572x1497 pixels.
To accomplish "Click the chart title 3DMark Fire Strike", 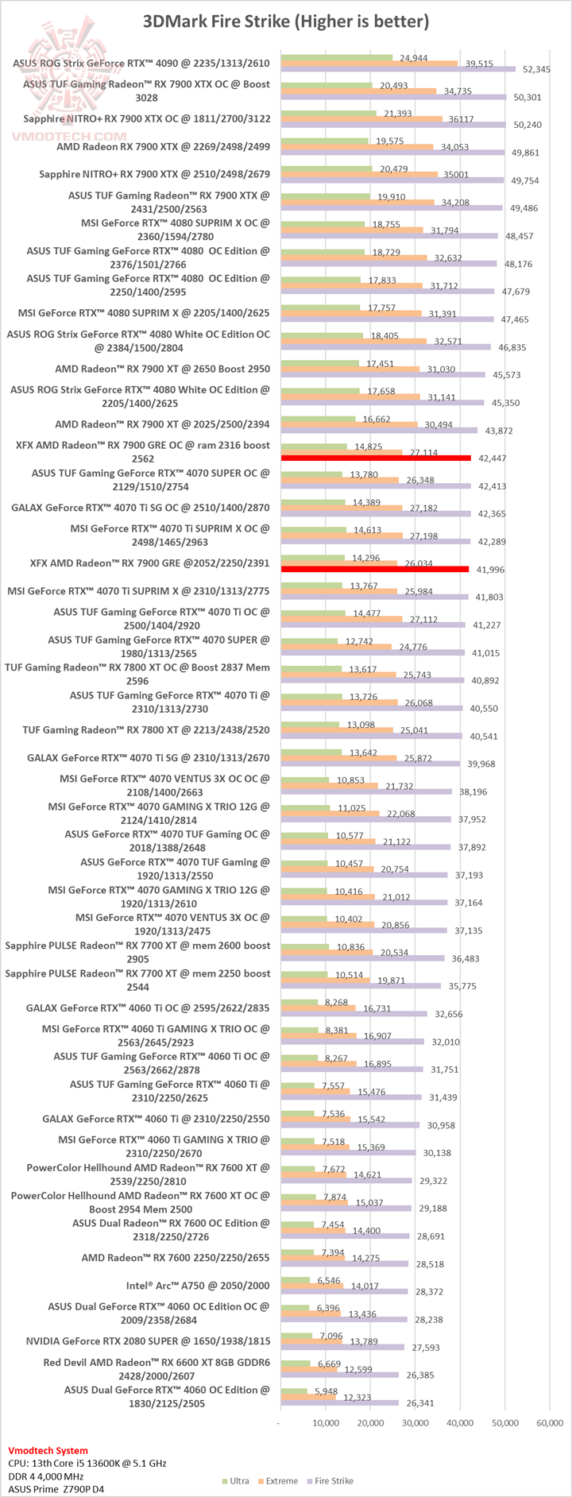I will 286,21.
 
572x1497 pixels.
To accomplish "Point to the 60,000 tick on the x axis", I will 550,1422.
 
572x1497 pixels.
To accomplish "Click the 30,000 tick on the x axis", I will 415,1422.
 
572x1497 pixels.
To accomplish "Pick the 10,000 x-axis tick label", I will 325,1422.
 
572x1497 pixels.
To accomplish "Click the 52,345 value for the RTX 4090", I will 537,70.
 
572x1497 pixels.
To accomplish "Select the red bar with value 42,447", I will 376,458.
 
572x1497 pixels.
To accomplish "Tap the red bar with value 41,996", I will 375,569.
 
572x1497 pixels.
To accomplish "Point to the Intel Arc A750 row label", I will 198,1285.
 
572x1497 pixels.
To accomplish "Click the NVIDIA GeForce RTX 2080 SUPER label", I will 148,1340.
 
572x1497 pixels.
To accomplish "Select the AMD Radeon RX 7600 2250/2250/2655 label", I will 176,1257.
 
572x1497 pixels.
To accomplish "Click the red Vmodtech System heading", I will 48,1450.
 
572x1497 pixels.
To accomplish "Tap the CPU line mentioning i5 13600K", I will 87,1463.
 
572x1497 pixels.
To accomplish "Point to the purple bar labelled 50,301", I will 393,98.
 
